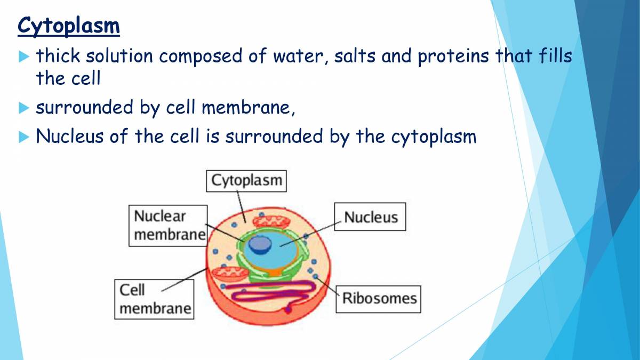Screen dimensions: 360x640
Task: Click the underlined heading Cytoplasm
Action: (68, 26)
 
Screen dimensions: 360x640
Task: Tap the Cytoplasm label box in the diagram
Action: (246, 181)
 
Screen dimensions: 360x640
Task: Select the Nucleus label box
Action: (371, 217)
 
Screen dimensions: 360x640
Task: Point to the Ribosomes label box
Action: (379, 298)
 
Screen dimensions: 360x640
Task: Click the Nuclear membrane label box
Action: (168, 225)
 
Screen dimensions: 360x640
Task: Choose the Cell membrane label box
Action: (154, 299)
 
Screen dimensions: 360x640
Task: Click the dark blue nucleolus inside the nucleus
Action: (260, 244)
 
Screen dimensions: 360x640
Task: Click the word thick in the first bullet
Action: (58, 55)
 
